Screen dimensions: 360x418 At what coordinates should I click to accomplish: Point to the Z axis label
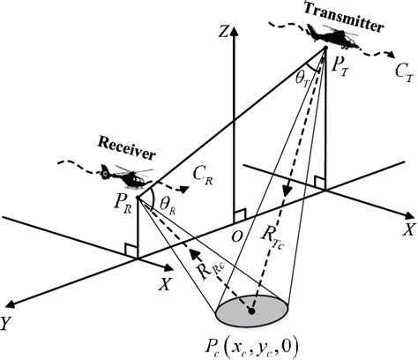227,34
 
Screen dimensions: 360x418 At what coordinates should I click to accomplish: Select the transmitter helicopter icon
329,34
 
